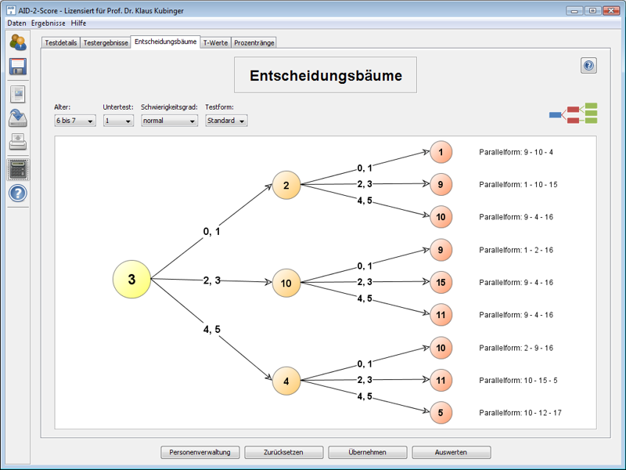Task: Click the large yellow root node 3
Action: pos(131,280)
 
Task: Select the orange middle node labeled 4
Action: pos(286,381)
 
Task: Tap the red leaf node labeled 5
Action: pos(441,412)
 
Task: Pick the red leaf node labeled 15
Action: pos(441,282)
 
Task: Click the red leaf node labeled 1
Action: pos(441,152)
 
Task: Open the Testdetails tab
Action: pos(61,43)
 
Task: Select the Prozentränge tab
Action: pos(254,43)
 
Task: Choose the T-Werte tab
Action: pos(215,43)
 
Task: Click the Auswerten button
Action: pos(452,452)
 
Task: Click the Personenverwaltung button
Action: pos(200,452)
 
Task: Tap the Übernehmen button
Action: pos(368,452)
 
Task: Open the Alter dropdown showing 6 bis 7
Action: pos(75,121)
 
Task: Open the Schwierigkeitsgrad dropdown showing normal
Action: pos(170,121)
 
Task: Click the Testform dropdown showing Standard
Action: pos(226,121)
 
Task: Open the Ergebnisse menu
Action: pos(48,23)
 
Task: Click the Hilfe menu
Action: pos(78,23)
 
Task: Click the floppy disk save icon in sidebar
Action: pos(18,67)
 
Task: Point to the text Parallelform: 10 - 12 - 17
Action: pos(520,413)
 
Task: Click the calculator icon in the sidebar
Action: pos(18,168)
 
